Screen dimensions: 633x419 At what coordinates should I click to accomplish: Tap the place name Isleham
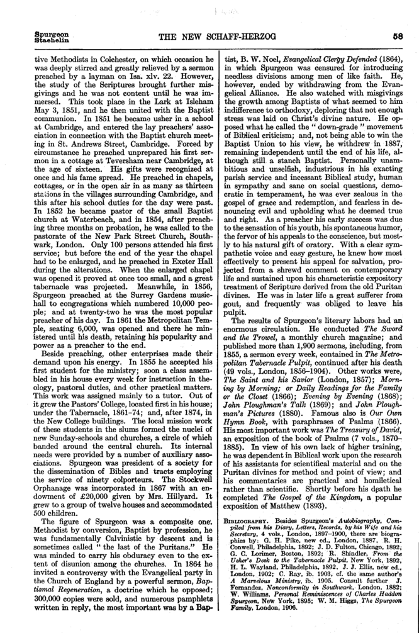point(174,108)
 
